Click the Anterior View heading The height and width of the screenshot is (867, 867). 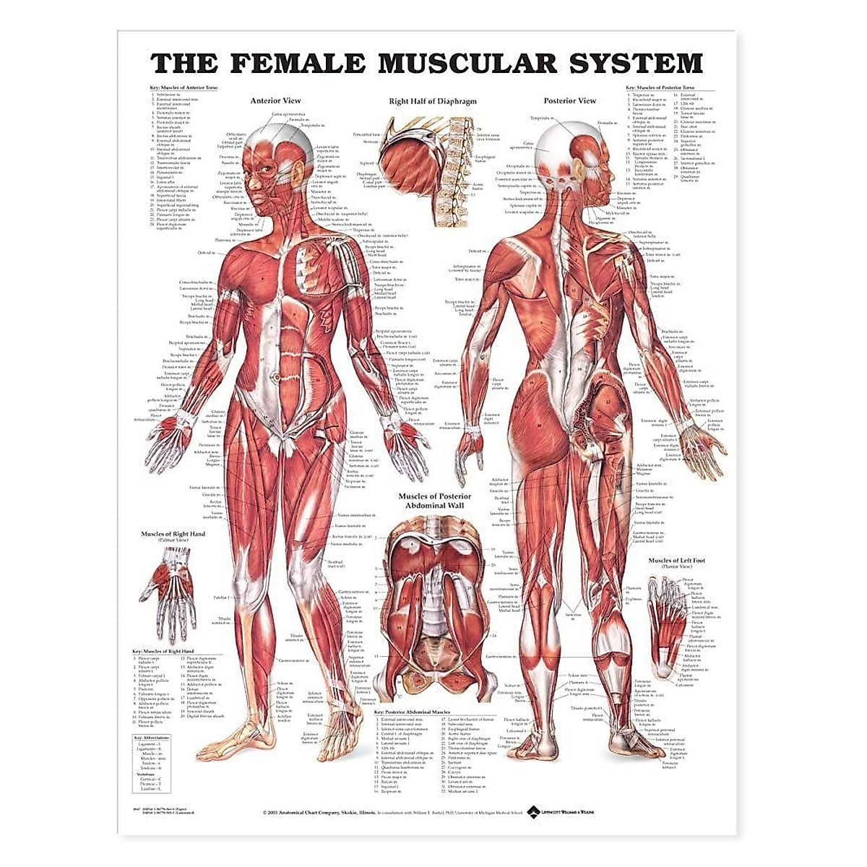275,101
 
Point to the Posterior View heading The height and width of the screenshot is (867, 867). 570,101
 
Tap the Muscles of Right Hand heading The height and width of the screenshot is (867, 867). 173,534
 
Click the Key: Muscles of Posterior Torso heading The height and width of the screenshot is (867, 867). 663,87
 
